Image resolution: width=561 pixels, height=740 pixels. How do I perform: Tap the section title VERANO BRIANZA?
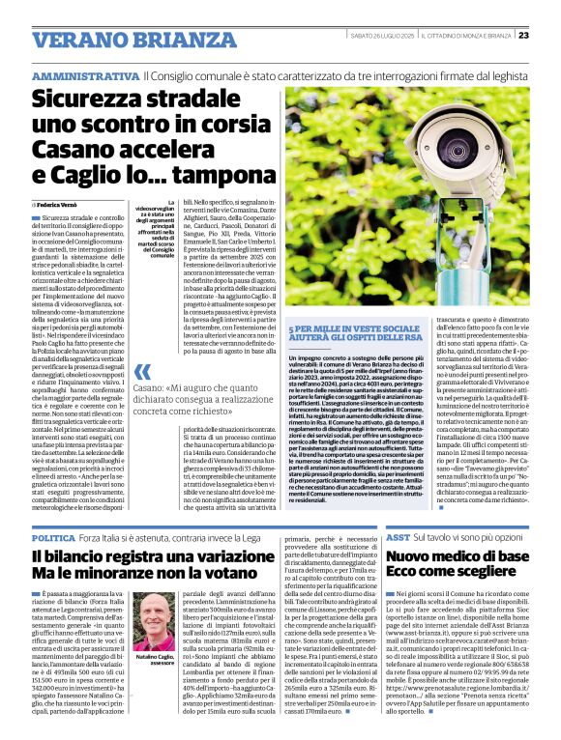pyautogui.click(x=115, y=41)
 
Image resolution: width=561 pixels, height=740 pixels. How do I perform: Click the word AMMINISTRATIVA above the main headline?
pyautogui.click(x=85, y=75)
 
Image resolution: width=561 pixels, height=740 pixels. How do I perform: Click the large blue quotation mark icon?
pyautogui.click(x=142, y=372)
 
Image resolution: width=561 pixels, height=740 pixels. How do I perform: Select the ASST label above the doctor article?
pyautogui.click(x=398, y=536)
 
